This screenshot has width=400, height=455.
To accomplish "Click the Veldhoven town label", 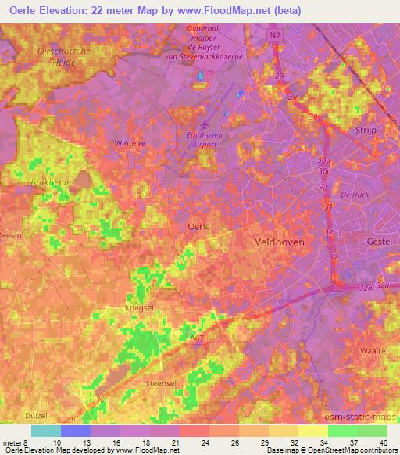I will pos(280,242).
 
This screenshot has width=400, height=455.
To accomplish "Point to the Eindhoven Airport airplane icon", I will pos(205,124).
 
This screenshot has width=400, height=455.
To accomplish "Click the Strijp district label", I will pos(366,131).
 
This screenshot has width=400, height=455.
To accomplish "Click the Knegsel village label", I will pos(127,310).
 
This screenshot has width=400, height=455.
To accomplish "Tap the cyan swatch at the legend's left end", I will pos(46,430).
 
